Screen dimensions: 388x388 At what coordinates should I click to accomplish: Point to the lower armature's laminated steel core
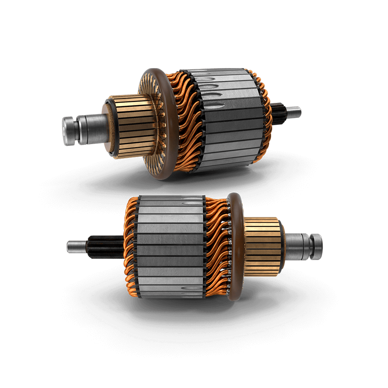pos(170,249)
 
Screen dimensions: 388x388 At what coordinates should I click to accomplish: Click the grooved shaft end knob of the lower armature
pos(316,247)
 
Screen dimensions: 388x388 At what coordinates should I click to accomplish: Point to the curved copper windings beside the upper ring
pos(186,119)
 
